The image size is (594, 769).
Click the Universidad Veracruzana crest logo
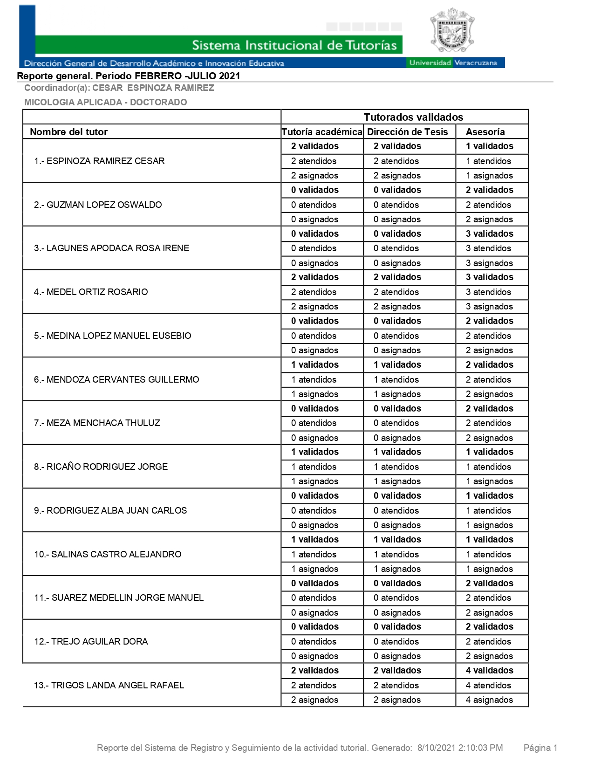[451, 31]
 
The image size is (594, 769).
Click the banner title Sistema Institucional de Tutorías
[294, 45]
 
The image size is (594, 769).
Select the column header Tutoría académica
[322, 132]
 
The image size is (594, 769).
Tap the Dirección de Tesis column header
[407, 132]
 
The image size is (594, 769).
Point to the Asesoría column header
[485, 132]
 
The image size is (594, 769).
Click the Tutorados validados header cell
[413, 117]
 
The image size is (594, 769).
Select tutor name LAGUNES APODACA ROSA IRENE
[111, 248]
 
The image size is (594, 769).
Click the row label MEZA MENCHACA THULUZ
[97, 423]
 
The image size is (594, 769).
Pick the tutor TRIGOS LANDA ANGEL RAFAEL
[109, 685]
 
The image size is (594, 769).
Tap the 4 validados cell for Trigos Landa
[489, 671]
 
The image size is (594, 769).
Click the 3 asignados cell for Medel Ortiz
[489, 307]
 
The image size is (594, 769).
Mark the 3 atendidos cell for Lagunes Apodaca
[488, 248]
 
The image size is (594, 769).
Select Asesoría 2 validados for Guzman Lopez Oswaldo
[489, 190]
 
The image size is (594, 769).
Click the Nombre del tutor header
[68, 132]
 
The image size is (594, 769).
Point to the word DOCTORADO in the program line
[158, 103]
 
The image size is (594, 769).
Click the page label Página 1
[540, 748]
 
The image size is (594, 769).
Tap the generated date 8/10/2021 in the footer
[436, 748]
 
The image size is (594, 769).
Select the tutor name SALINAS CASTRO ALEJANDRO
[108, 555]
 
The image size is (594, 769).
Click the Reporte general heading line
[129, 76]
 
